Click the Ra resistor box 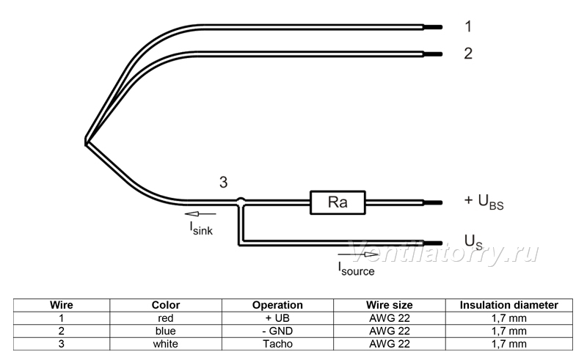(x=338, y=202)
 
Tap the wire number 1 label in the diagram (x=468, y=26)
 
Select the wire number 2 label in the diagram (x=468, y=54)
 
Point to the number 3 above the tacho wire (x=223, y=183)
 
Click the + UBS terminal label (x=484, y=202)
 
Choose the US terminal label (x=473, y=242)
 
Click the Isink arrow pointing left (x=200, y=214)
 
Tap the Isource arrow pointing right (x=358, y=254)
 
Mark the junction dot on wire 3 (x=241, y=202)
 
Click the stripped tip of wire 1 (x=433, y=27)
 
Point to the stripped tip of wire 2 (x=433, y=54)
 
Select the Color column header (x=166, y=305)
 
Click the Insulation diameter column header (x=508, y=305)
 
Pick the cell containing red (x=166, y=318)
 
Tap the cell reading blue (x=166, y=331)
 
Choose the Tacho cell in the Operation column (x=277, y=344)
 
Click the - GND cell (x=277, y=331)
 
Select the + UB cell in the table (x=277, y=318)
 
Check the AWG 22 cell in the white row (x=390, y=344)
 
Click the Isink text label (x=201, y=228)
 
